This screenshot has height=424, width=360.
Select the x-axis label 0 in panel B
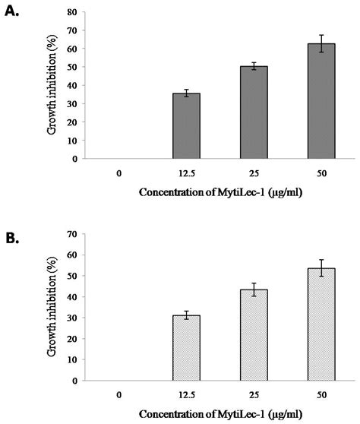pos(120,395)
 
